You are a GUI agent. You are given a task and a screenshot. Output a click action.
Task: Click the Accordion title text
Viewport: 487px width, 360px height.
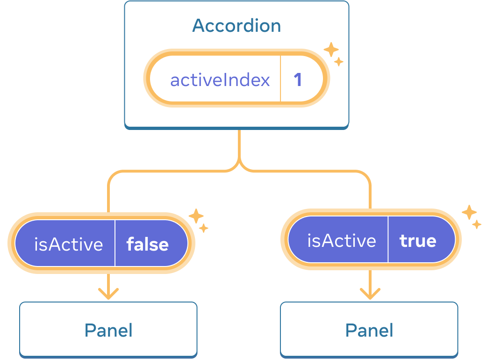coord(236,26)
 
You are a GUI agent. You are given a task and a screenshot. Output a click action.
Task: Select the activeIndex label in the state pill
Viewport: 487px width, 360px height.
coord(220,80)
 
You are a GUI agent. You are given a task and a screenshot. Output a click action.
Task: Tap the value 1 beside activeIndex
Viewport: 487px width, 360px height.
coord(298,80)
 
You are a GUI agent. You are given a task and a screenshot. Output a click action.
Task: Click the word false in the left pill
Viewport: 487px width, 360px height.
coord(148,244)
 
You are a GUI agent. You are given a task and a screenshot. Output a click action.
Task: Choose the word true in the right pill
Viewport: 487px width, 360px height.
coord(418,241)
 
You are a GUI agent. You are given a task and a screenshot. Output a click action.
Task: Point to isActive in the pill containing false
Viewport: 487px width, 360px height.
coord(69,244)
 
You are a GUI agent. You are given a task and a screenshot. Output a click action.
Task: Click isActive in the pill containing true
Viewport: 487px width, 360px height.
coord(342,241)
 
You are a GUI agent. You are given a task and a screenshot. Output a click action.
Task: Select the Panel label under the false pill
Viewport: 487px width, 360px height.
coord(108,331)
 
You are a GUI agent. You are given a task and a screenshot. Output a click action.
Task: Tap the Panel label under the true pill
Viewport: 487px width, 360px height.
coord(369,331)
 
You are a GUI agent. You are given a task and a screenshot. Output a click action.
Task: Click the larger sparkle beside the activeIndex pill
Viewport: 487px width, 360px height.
coord(331,50)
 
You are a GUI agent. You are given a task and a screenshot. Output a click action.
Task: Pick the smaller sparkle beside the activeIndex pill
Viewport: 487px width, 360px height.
coord(339,62)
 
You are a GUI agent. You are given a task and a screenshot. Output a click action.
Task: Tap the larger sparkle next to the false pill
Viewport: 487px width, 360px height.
coord(195,216)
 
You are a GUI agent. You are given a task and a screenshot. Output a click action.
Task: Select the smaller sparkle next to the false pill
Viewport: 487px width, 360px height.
coord(203,228)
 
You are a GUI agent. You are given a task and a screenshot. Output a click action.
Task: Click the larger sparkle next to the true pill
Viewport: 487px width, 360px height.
coord(469,212)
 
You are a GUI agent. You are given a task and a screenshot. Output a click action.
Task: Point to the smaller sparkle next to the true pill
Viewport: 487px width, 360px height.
coord(476,224)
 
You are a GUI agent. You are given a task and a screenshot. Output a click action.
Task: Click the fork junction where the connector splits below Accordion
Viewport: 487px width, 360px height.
coord(239,165)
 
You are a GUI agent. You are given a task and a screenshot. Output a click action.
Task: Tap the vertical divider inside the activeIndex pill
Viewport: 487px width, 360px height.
coord(280,79)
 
